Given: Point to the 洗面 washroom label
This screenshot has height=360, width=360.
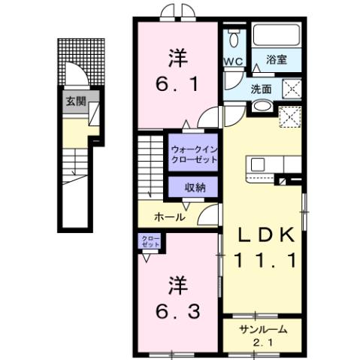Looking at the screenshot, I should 261,88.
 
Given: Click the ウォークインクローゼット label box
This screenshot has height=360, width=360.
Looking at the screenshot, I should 193,154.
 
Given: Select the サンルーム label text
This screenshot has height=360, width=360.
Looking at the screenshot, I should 261,331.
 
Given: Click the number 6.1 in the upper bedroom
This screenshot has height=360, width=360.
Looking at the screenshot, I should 177,86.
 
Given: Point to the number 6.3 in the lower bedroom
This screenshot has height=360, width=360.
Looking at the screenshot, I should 178,310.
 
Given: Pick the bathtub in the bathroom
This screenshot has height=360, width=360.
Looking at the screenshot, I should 275,36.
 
